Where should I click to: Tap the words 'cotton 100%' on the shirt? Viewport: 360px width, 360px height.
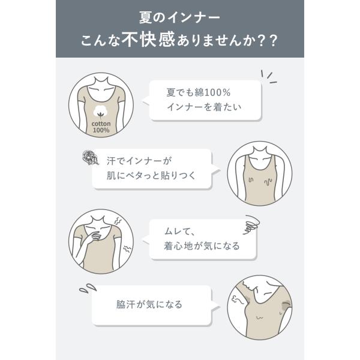[x=101, y=127]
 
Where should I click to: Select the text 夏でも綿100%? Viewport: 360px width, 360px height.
[x=199, y=92]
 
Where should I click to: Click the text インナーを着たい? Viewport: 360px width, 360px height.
[x=204, y=107]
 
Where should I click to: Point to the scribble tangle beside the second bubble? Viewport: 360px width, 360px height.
[x=90, y=157]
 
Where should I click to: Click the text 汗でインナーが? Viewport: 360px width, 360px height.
[x=139, y=161]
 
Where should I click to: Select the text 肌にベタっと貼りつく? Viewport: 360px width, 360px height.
[x=151, y=176]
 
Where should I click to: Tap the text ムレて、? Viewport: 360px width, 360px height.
[x=179, y=231]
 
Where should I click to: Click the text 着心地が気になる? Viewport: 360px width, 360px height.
[x=202, y=246]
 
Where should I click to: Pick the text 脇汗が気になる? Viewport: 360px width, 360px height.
[x=149, y=304]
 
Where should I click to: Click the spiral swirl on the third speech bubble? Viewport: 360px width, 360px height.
[x=251, y=224]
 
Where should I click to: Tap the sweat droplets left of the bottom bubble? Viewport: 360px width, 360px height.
[x=88, y=288]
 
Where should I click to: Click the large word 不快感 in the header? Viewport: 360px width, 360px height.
[x=149, y=39]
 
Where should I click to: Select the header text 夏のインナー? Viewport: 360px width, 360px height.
[x=179, y=17]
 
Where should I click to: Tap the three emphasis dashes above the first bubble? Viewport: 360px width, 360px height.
[x=269, y=76]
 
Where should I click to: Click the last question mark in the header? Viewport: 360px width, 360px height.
[x=274, y=41]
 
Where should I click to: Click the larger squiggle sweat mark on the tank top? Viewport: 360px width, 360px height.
[x=268, y=181]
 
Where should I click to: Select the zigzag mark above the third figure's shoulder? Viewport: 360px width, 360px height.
[x=118, y=221]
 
